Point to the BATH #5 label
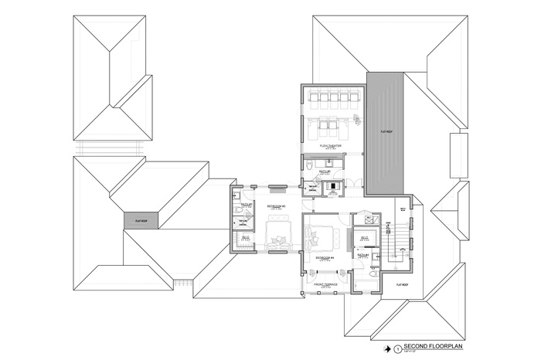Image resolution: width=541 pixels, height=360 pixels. [x=325, y=172]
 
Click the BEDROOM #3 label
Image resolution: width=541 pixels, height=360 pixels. [x=277, y=207]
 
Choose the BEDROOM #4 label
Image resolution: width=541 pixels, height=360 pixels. [x=325, y=256]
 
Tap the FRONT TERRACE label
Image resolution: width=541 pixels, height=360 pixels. [x=325, y=284]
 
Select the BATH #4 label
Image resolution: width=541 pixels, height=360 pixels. [x=363, y=254]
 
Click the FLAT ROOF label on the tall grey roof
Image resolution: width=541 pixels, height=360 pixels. [x=385, y=132]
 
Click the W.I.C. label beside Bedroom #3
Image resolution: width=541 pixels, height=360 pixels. [x=245, y=237]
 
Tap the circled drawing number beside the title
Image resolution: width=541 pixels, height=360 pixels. [x=397, y=348]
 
